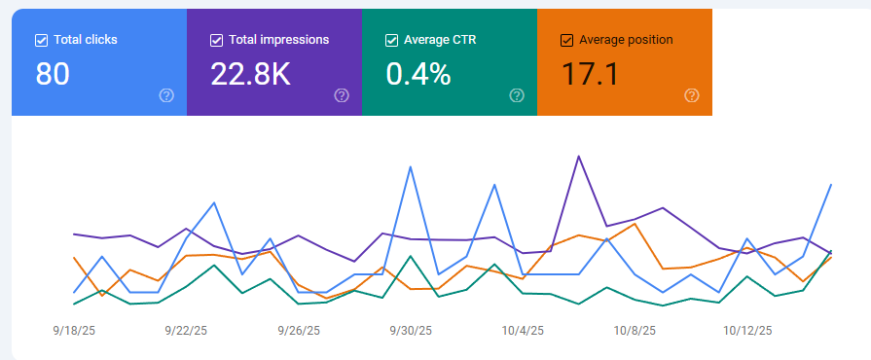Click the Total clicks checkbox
point(41,40)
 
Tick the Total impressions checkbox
point(216,40)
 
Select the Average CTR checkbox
point(391,40)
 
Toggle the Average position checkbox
point(566,40)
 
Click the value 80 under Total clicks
point(53,74)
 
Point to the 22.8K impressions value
point(250,74)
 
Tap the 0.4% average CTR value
point(418,74)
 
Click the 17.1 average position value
point(590,74)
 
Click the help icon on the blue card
point(166,95)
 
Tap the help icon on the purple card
point(342,95)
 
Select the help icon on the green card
point(517,95)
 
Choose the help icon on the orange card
point(692,95)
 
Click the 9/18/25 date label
point(75,331)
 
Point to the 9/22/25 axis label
point(187,331)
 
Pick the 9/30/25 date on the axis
point(410,331)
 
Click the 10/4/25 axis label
point(524,331)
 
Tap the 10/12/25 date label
point(747,331)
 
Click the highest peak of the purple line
point(579,156)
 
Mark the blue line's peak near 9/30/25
point(411,166)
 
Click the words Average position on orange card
point(626,40)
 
